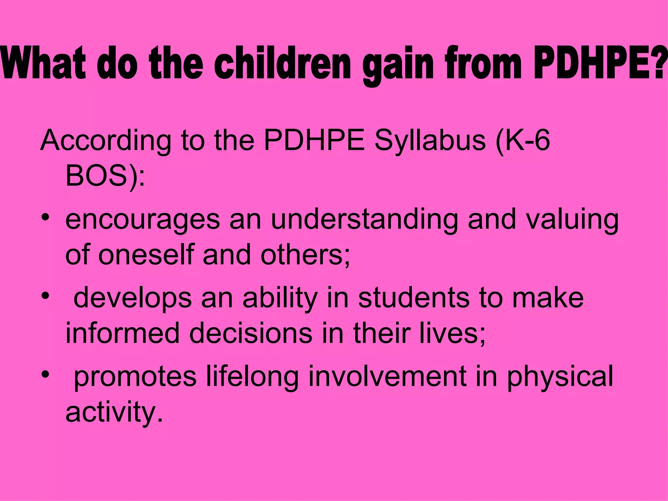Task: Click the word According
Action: coord(106,141)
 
